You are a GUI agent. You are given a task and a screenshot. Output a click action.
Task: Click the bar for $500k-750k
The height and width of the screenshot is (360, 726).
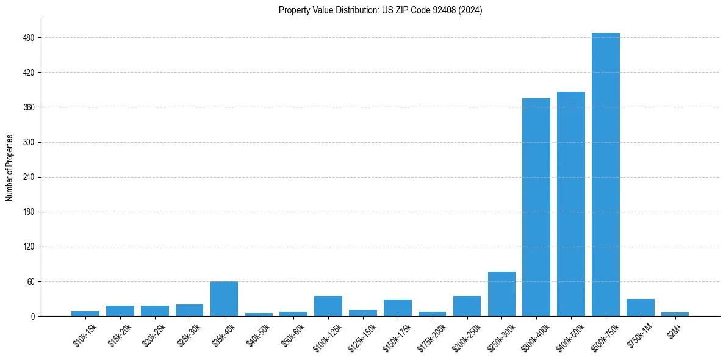[605, 175]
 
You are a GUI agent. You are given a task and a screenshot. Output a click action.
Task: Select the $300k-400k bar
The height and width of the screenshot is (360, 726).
[536, 207]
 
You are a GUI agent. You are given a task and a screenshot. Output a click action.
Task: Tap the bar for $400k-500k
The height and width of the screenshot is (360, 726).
[570, 204]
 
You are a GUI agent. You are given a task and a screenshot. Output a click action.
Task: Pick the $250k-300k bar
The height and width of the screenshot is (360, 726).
[501, 294]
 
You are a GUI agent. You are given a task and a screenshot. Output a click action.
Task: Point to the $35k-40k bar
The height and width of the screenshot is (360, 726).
[224, 299]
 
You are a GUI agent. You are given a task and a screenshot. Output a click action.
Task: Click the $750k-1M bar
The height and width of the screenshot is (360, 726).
[640, 308]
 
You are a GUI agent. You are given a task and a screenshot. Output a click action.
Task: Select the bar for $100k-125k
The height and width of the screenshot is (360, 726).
[328, 306]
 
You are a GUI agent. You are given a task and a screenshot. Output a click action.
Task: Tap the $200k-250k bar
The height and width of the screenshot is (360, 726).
[467, 306]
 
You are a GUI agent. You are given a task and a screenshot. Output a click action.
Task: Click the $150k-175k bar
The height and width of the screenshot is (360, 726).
[397, 308]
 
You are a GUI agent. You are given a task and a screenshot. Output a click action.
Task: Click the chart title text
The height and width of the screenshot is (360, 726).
[380, 10]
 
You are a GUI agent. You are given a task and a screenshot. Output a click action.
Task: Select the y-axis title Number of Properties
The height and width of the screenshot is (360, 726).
[10, 168]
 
